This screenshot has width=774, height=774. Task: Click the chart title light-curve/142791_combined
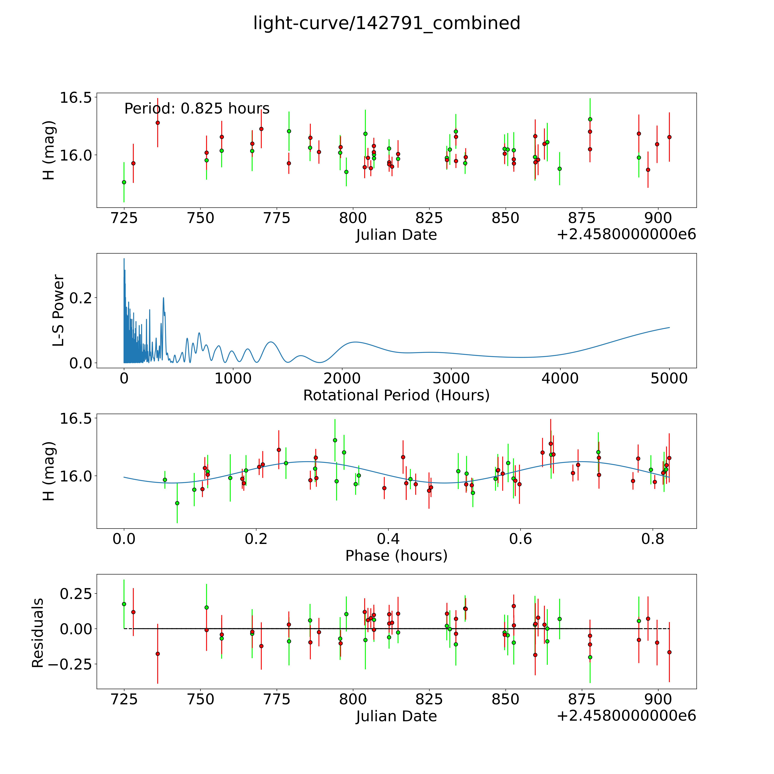coord(387,23)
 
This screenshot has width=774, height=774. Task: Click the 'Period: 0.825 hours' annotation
coord(197,109)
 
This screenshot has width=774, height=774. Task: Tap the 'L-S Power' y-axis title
coord(58,310)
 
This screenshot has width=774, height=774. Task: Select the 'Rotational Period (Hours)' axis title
coord(396,395)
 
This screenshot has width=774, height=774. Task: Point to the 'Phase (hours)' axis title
coord(396,556)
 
